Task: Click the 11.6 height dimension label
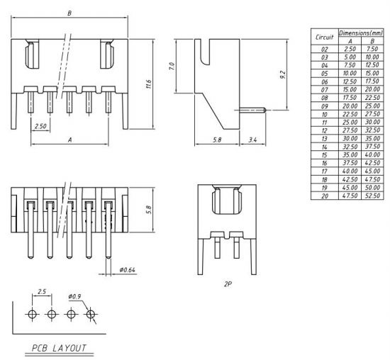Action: point(149,84)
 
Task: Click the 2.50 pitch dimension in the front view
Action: point(41,126)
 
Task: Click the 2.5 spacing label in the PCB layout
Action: point(42,291)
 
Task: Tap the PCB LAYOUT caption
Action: point(58,348)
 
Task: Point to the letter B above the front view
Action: point(69,13)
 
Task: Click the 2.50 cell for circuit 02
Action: point(349,48)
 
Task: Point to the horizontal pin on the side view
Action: point(252,111)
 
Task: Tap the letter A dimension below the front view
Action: point(69,140)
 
